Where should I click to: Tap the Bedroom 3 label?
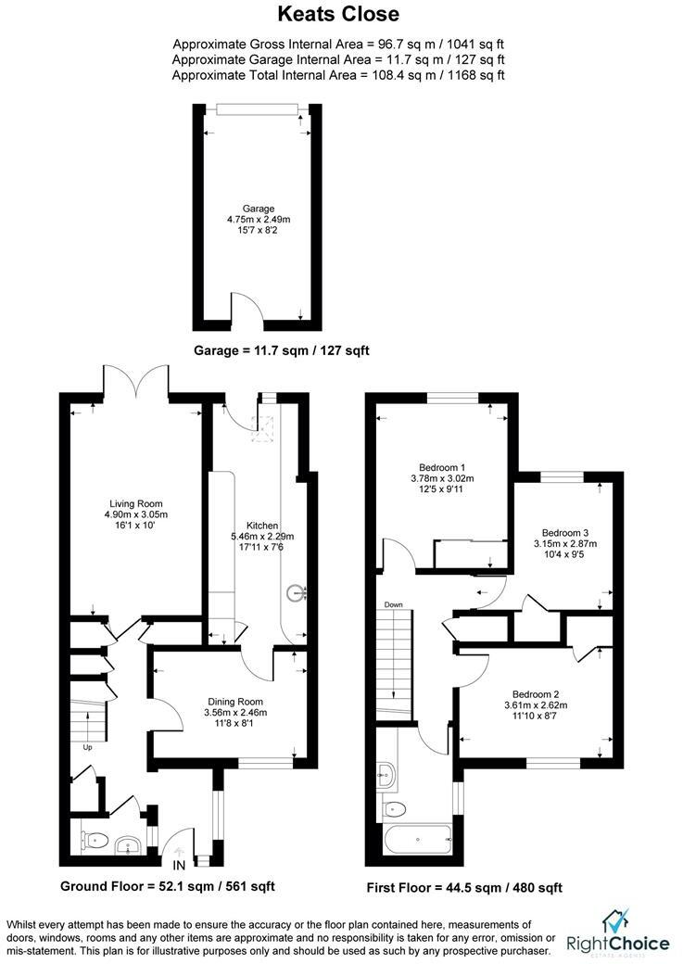point(565,533)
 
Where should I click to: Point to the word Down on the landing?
point(394,604)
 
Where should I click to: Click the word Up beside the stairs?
point(88,746)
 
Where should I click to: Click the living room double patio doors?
point(136,380)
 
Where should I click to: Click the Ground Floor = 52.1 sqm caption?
point(167,886)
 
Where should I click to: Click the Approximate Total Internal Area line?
point(338,74)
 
